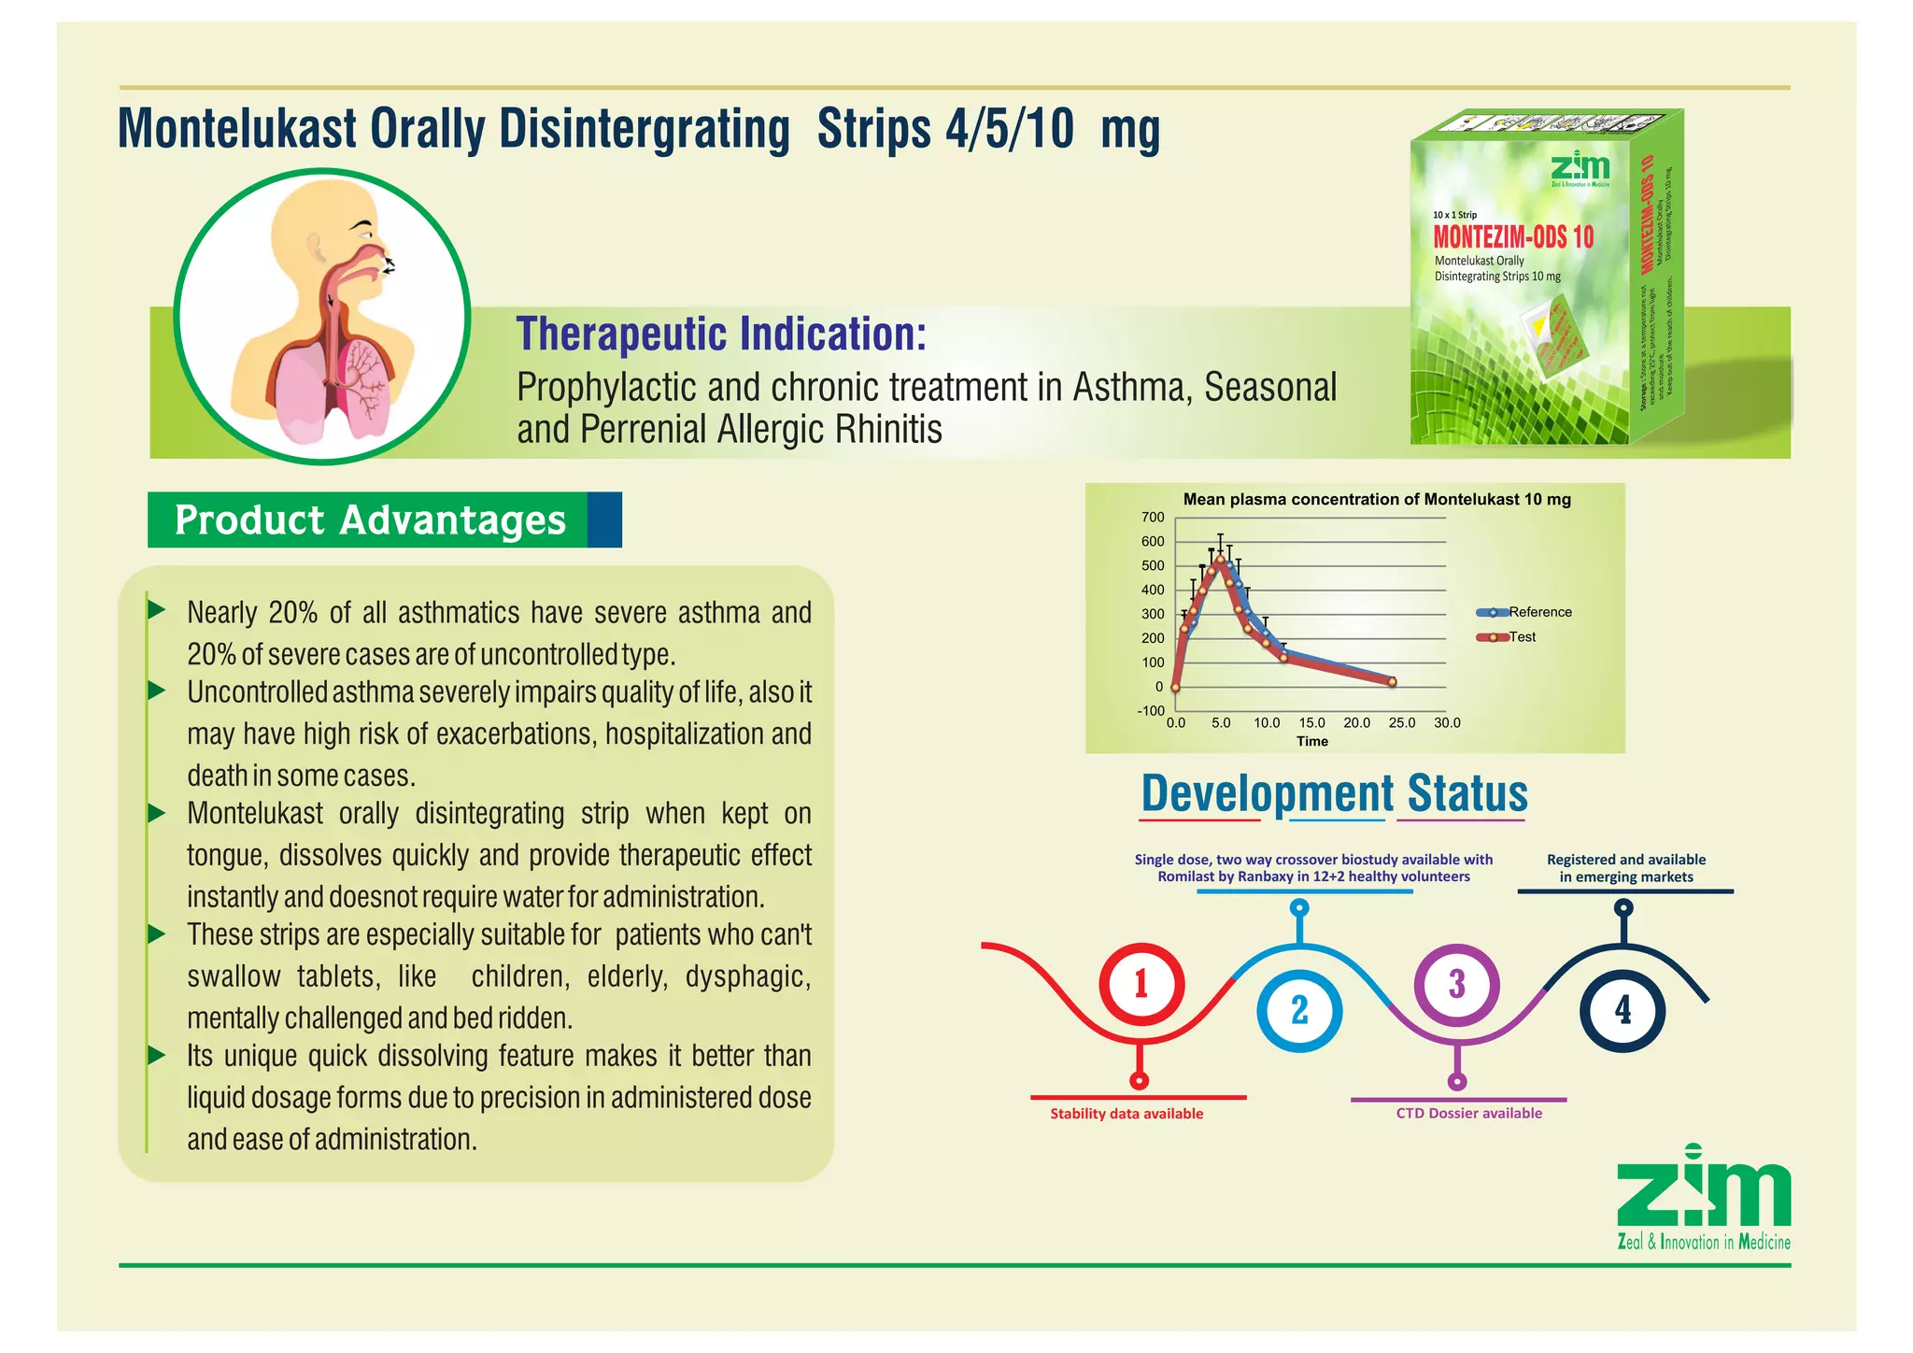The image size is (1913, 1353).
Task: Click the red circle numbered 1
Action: coord(1141,985)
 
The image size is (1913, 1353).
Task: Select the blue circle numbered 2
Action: coord(1299,1011)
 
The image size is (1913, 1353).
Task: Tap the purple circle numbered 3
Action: coord(1456,985)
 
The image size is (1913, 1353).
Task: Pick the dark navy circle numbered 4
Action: coord(1623,1010)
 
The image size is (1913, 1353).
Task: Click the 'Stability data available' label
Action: coord(1127,1114)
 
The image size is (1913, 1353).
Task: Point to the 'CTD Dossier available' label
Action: coord(1468,1114)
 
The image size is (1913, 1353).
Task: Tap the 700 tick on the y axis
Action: coord(1153,518)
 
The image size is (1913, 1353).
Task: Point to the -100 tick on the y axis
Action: coord(1151,711)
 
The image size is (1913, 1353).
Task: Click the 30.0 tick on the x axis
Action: coord(1447,723)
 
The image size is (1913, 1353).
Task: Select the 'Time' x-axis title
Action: coord(1311,742)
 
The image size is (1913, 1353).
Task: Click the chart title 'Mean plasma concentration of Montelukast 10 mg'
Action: coord(1377,500)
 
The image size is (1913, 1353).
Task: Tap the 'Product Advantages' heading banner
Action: coord(370,520)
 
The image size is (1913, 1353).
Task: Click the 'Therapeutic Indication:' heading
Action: coord(721,335)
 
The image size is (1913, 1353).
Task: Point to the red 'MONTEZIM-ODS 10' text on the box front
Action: coord(1513,237)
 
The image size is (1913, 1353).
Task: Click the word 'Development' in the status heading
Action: coord(1268,794)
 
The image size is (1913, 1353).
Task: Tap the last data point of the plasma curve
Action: coord(1392,682)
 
